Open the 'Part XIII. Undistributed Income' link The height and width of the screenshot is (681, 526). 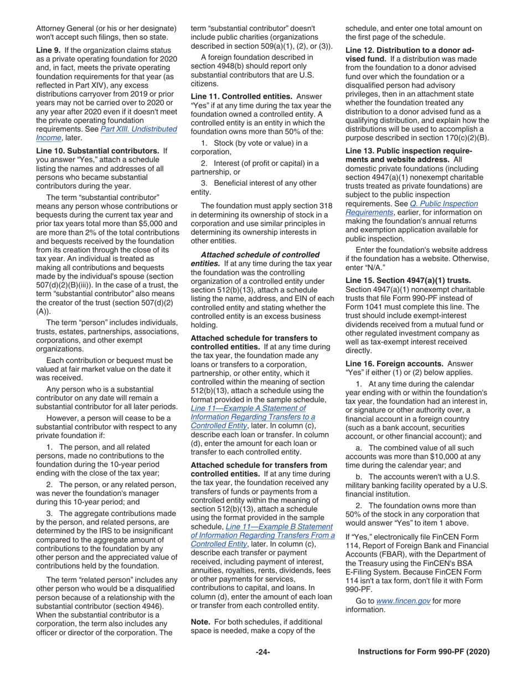tap(106, 133)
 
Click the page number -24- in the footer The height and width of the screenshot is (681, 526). tap(262, 652)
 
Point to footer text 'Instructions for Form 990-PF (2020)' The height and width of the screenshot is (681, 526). tap(424, 652)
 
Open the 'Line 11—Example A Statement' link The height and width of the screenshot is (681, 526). tap(247, 408)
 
